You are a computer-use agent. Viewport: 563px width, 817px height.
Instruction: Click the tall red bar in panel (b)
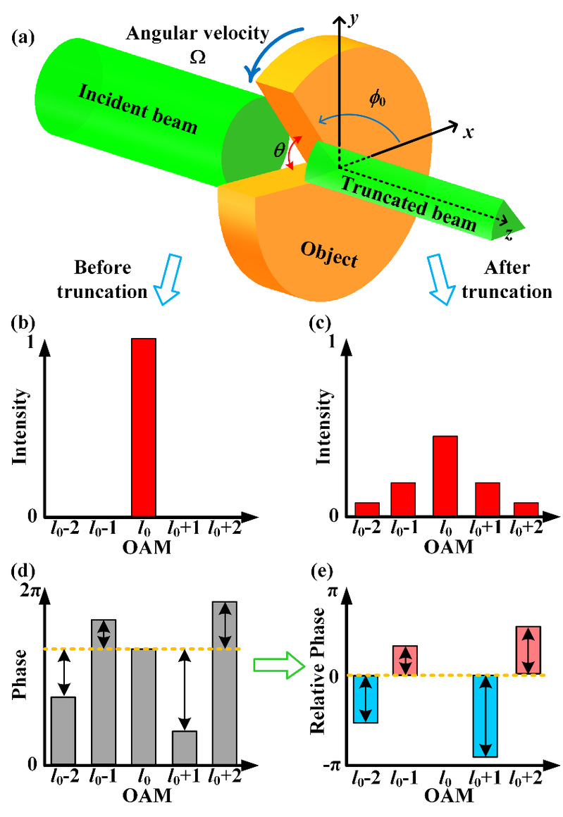[x=144, y=427]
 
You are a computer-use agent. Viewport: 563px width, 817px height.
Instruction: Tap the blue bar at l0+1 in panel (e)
[x=485, y=716]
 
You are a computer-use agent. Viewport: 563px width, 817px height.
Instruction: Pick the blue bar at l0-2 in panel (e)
[x=366, y=699]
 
